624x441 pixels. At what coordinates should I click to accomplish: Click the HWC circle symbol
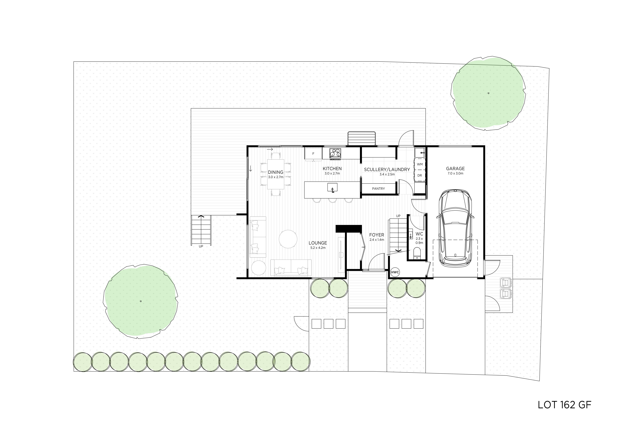(x=395, y=272)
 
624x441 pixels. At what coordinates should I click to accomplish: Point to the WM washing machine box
(x=420, y=164)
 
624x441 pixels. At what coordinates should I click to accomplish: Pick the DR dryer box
(x=420, y=175)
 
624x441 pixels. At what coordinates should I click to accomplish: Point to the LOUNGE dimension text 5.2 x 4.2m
(x=318, y=248)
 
